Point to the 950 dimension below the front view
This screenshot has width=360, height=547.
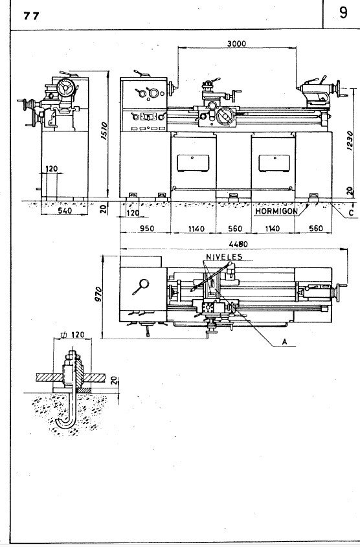coord(145,229)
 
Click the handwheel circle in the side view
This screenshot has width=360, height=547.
coord(65,88)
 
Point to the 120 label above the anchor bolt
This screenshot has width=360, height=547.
coord(78,337)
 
